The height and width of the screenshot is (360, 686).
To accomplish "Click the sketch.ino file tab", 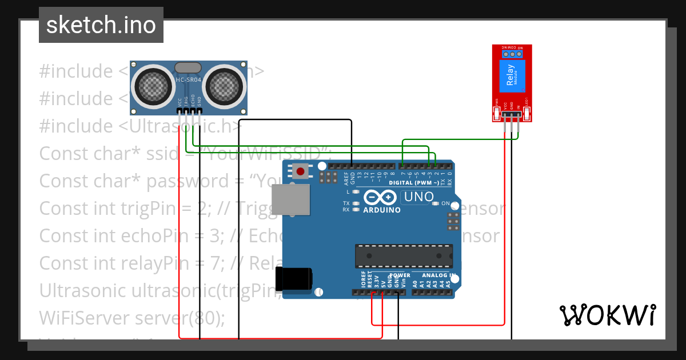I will (x=101, y=25).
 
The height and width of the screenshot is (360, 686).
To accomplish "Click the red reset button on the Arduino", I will (x=300, y=171).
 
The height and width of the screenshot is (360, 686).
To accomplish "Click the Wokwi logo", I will (x=607, y=315).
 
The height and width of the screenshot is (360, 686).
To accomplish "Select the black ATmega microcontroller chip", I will (x=404, y=255).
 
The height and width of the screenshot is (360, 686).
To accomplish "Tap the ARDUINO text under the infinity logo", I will (x=381, y=210).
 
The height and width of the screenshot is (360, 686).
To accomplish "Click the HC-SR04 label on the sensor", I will (x=188, y=80).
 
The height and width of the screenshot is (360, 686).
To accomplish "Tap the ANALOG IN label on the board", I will (x=437, y=275).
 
